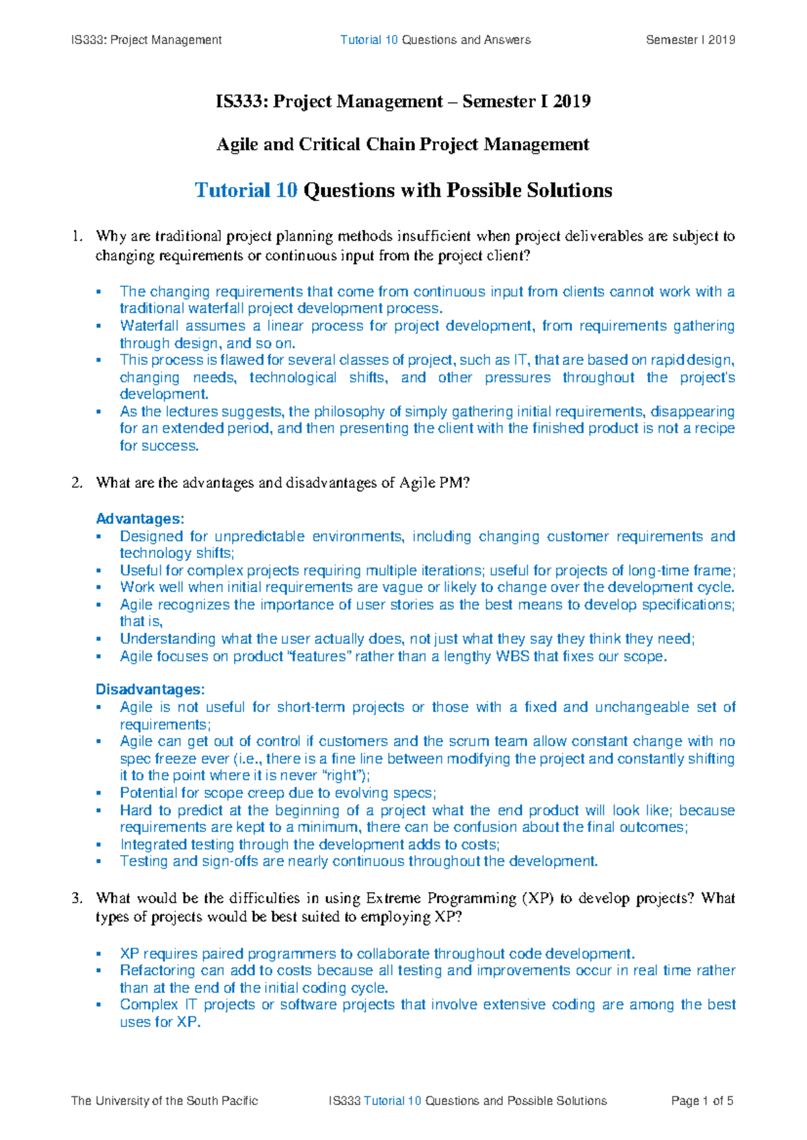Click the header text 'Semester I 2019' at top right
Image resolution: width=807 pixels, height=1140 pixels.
[690, 40]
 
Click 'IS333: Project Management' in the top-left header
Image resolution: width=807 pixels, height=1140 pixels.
[146, 40]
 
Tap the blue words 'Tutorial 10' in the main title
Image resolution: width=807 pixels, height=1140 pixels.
[246, 190]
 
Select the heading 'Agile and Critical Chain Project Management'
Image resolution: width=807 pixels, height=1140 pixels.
[403, 145]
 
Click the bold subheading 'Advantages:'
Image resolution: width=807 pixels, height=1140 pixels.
[140, 519]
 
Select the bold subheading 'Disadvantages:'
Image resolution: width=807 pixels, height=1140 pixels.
[150, 690]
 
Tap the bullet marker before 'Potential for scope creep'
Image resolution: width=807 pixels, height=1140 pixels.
[99, 793]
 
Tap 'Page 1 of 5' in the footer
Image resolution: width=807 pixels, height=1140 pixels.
[702, 1101]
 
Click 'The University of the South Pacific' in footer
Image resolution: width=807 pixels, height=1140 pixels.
[165, 1101]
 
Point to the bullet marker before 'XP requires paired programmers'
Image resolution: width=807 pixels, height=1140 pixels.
[99, 954]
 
